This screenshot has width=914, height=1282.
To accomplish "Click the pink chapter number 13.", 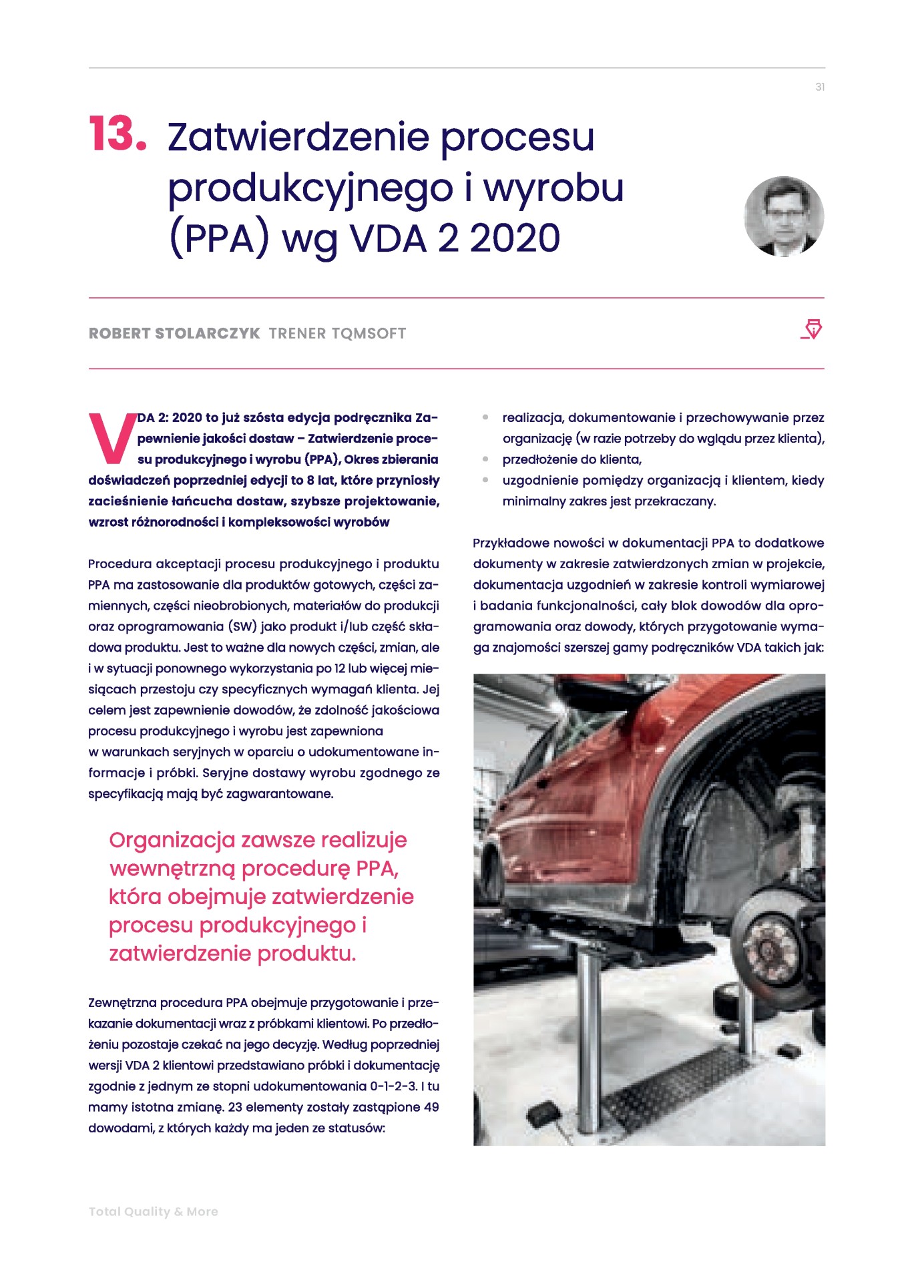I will click(118, 134).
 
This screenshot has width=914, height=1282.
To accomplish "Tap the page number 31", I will click(820, 87).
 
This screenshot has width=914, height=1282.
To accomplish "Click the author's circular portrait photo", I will click(784, 216).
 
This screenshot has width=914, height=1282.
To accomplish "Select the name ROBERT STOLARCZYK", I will click(174, 333).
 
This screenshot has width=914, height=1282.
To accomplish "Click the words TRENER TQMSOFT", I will click(337, 333).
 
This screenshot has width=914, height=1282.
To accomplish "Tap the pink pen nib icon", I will click(812, 329).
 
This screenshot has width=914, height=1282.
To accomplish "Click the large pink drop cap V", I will click(111, 438).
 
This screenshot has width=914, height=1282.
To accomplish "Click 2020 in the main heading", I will click(515, 238).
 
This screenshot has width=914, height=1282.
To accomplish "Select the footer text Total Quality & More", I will click(154, 1211).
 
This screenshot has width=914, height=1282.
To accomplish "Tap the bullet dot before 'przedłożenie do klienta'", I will click(485, 459).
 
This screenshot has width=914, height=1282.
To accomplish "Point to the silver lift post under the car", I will click(588, 1042).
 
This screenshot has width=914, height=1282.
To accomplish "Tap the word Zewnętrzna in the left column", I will click(121, 1002).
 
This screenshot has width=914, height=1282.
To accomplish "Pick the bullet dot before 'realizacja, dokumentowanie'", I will click(485, 418).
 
